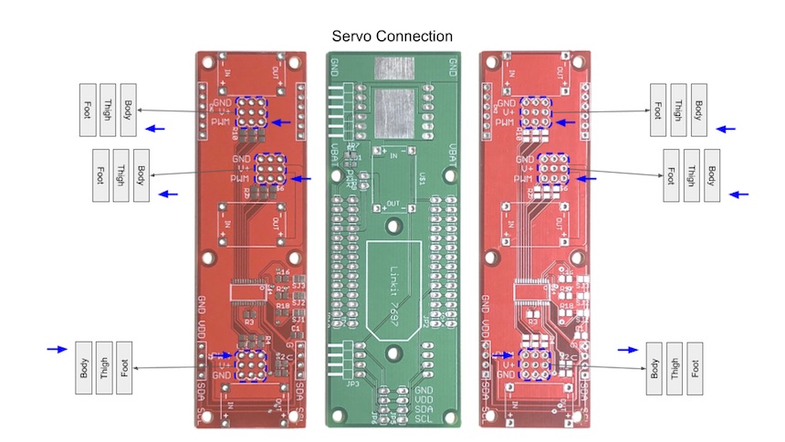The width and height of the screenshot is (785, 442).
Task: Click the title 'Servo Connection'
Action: pyautogui.click(x=392, y=37)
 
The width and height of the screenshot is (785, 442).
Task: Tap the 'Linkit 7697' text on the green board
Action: pyautogui.click(x=398, y=290)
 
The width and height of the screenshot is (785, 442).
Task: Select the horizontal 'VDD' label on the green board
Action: pyautogui.click(x=424, y=399)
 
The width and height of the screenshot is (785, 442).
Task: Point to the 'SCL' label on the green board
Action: pyautogui.click(x=424, y=419)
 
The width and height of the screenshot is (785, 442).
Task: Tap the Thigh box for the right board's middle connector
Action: pyautogui.click(x=692, y=175)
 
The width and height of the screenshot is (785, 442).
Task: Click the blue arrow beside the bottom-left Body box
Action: pyautogui.click(x=57, y=349)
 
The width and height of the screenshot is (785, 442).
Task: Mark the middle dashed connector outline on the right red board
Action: pyautogui.click(x=551, y=169)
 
